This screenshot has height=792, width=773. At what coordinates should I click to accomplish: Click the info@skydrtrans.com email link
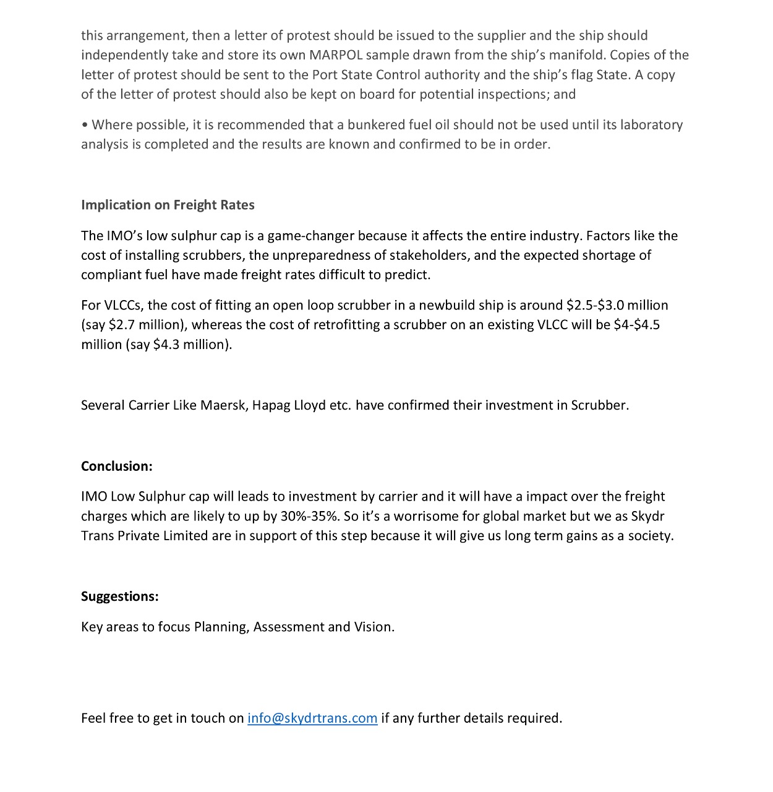(x=312, y=718)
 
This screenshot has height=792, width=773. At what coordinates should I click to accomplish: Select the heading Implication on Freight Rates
(x=168, y=205)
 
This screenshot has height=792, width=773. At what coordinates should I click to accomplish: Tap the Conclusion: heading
(x=117, y=466)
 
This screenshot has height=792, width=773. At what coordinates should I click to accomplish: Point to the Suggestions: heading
(x=120, y=596)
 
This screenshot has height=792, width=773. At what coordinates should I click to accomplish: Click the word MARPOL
(x=336, y=55)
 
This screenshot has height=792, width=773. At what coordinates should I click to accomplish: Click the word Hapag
(x=271, y=405)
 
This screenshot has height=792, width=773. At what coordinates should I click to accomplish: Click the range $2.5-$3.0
(x=595, y=305)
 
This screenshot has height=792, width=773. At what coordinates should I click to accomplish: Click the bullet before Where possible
(x=84, y=125)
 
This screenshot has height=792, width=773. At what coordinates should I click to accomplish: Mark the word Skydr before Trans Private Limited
(x=647, y=516)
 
